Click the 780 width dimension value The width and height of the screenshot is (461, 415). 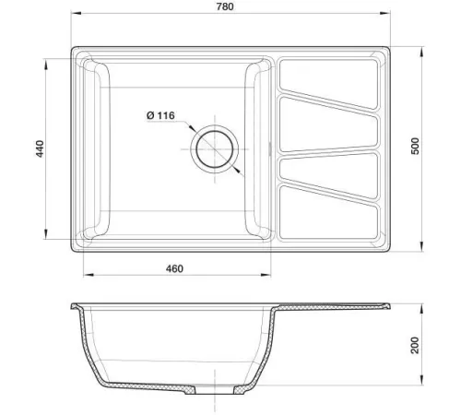point(225,6)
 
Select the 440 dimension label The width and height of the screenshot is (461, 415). point(41,148)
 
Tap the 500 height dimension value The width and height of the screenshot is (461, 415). point(415,146)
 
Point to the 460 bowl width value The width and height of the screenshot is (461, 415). point(174,268)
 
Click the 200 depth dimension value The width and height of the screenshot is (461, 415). point(415,345)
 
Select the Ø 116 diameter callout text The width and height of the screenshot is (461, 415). point(160,115)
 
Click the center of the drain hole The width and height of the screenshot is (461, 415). point(215,149)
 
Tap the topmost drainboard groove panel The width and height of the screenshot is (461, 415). point(328,82)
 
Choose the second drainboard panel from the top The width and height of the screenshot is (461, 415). point(328,125)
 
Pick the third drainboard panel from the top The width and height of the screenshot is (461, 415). point(329,174)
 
